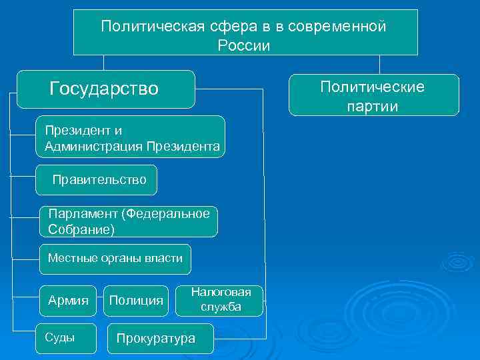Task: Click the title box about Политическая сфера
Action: tap(245, 33)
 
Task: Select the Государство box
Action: tap(105, 89)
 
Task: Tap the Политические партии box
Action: tap(373, 95)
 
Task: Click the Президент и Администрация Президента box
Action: tap(131, 137)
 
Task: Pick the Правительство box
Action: tap(97, 180)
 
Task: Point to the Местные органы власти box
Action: tap(115, 259)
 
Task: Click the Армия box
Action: tap(69, 300)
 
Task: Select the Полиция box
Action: tap(136, 300)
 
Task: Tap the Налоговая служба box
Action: tap(221, 300)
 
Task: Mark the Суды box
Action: tap(67, 337)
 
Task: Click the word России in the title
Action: tap(244, 45)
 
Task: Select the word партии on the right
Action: tap(372, 107)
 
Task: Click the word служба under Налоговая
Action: tap(221, 307)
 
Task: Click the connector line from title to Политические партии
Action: tap(379, 64)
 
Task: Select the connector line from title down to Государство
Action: tap(103, 62)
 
